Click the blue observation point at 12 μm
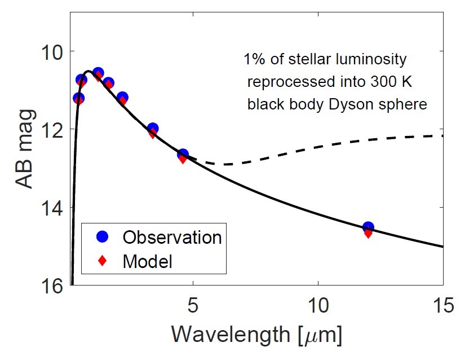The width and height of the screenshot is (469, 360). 368,227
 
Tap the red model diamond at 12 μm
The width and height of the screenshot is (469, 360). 368,233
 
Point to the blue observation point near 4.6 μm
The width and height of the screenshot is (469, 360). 182,154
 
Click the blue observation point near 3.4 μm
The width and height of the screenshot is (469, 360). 152,129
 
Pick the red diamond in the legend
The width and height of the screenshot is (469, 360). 103,261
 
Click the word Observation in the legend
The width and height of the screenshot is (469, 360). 172,237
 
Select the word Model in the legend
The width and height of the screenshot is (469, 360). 147,261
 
